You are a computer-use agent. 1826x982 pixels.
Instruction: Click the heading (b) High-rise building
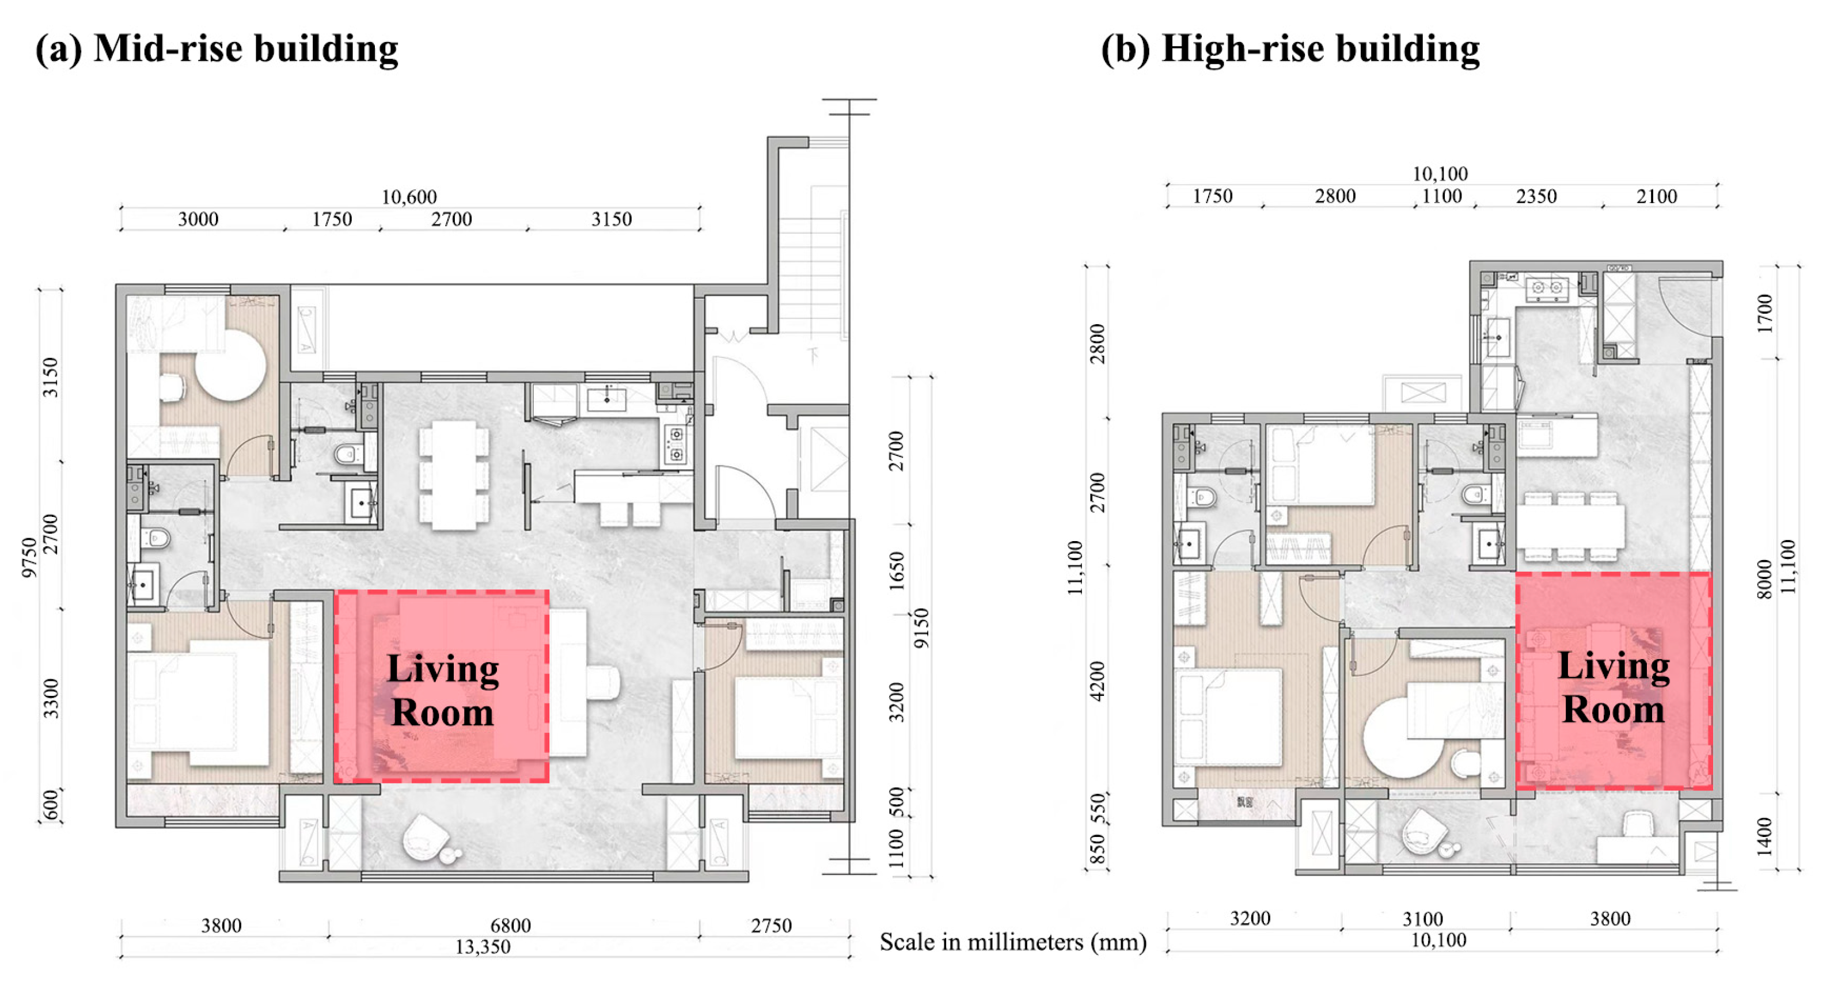pyautogui.click(x=1289, y=50)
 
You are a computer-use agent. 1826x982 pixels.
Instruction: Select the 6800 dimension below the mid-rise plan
pyautogui.click(x=510, y=926)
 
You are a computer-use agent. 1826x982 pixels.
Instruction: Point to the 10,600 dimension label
pyautogui.click(x=409, y=197)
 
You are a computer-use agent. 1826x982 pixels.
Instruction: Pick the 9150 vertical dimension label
pyautogui.click(x=921, y=628)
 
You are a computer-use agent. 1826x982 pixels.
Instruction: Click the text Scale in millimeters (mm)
pyautogui.click(x=1013, y=942)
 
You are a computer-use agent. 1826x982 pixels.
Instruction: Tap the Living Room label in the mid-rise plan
pyautogui.click(x=442, y=690)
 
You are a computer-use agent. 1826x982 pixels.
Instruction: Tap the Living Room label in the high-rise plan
pyautogui.click(x=1614, y=687)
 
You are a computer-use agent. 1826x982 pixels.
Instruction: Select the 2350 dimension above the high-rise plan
pyautogui.click(x=1536, y=196)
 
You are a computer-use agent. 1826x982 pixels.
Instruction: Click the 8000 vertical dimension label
pyautogui.click(x=1764, y=579)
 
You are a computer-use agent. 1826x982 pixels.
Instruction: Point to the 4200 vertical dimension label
pyautogui.click(x=1096, y=681)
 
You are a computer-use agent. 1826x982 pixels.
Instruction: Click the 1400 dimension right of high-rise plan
pyautogui.click(x=1764, y=836)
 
